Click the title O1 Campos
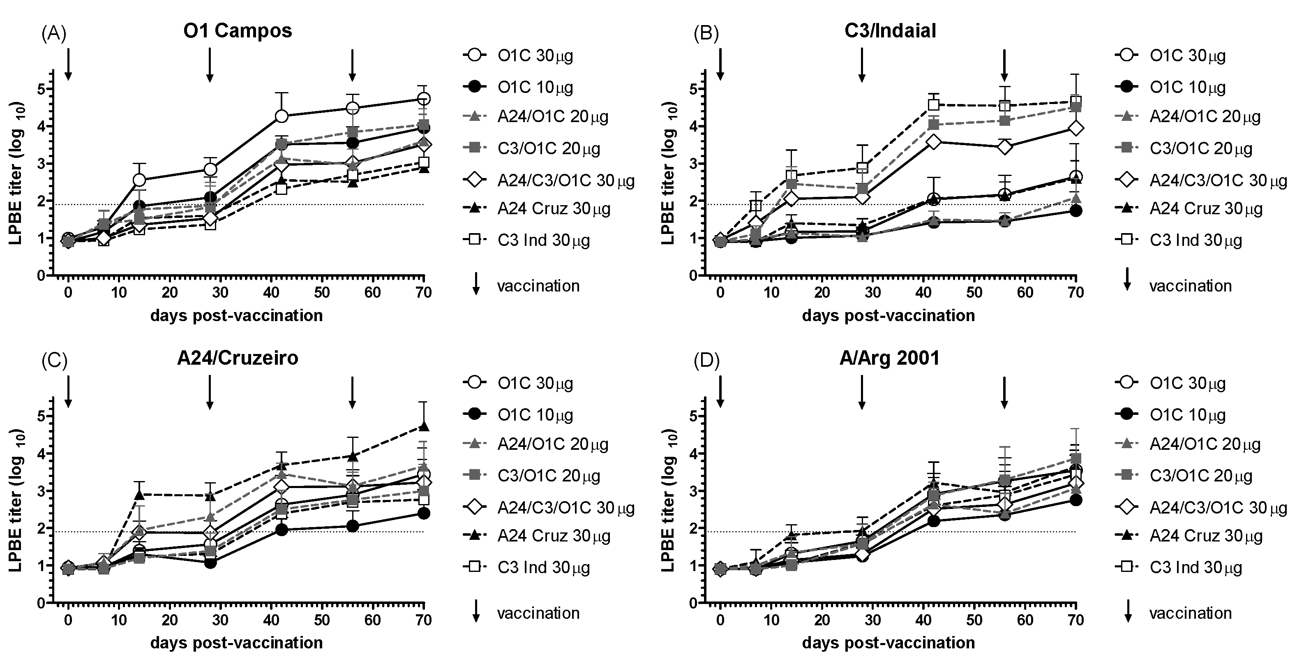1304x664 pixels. [x=238, y=31]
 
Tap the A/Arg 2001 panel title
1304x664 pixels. [x=889, y=358]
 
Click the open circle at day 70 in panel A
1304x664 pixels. [x=424, y=98]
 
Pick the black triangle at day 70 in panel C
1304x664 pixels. [x=424, y=426]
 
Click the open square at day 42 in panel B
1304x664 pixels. [x=934, y=105]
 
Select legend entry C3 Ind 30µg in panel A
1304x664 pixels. [x=543, y=240]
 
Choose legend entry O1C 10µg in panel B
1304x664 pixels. [x=1187, y=87]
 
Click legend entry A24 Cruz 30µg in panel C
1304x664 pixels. [x=553, y=535]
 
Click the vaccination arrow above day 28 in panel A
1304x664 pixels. [x=210, y=65]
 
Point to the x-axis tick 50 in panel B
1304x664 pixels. [x=974, y=292]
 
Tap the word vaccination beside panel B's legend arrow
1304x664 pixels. [x=1190, y=286]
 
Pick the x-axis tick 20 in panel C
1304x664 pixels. [x=170, y=620]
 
